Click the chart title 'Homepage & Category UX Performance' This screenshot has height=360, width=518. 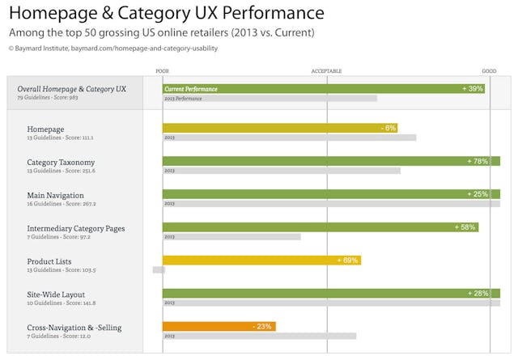pos(166,14)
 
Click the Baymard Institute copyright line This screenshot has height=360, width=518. pos(113,49)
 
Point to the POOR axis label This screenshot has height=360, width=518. pos(163,71)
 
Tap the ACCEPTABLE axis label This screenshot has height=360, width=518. pos(326,71)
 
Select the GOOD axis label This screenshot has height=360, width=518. pos(489,71)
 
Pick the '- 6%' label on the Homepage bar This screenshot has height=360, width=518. pos(388,128)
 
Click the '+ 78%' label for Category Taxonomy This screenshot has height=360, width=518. pos(478,161)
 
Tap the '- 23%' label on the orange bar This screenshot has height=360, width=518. pos(262,326)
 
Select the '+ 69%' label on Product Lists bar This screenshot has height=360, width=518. pos(347,260)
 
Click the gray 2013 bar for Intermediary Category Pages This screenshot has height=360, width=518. pos(231,237)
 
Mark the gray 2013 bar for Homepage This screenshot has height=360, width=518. pos(289,138)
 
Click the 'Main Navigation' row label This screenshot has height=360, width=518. pos(56,195)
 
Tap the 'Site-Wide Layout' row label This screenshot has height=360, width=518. pos(56,294)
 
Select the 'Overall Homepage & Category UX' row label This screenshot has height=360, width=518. pos(72,88)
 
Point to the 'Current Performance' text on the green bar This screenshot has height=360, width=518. pos(192,88)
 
